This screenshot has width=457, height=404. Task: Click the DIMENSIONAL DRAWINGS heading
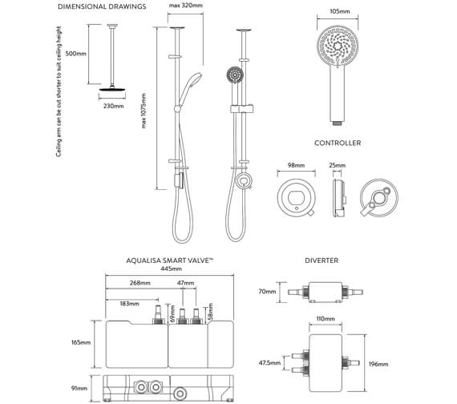click(102, 7)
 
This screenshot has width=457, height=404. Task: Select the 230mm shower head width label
click(113, 106)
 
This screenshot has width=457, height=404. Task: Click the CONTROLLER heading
click(337, 143)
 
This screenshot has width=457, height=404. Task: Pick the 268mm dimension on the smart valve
click(141, 283)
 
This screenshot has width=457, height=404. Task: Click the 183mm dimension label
click(128, 305)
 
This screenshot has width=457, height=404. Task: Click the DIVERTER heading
click(322, 261)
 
